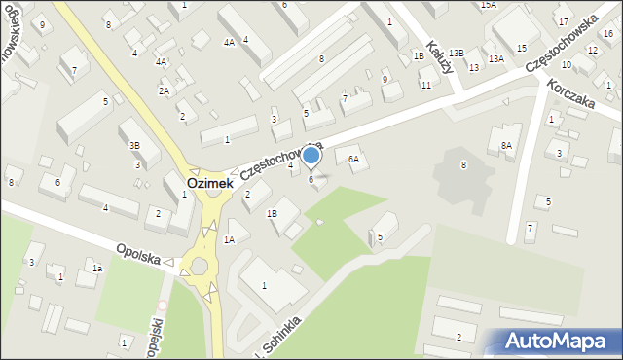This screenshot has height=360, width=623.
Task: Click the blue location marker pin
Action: click(311, 156)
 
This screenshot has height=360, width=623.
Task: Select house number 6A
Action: click(354, 159)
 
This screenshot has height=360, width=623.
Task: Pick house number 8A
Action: click(506, 145)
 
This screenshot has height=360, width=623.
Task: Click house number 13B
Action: click(456, 54)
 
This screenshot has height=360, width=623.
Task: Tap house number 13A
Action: click(495, 59)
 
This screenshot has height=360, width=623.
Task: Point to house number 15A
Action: click(488, 5)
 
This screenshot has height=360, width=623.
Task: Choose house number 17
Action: click(563, 20)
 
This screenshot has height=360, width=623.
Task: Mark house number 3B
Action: click(135, 145)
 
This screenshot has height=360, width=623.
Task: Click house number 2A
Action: click(165, 90)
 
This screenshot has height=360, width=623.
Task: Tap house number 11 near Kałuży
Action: click(425, 86)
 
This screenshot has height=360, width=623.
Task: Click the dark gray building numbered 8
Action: click(463, 165)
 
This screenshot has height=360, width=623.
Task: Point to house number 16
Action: click(607, 33)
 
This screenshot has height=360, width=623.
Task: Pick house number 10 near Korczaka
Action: click(566, 64)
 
